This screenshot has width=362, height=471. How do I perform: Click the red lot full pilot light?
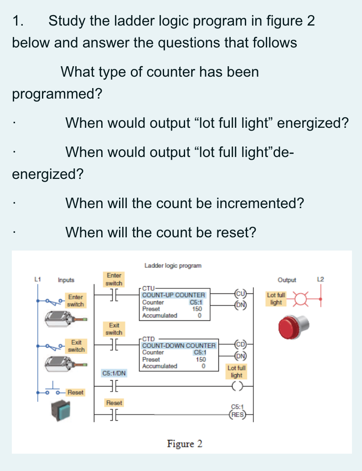pyautogui.click(x=294, y=326)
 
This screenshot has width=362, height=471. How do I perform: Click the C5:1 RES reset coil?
pyautogui.click(x=238, y=414)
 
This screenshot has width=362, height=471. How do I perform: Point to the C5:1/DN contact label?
pyautogui.click(x=114, y=373)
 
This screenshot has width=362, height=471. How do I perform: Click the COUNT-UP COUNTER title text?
pyautogui.click(x=174, y=295)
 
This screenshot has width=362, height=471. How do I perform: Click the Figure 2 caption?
pyautogui.click(x=185, y=443)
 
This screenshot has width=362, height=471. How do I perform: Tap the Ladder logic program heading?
pyautogui.click(x=172, y=265)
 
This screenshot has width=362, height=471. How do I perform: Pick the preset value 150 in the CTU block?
pyautogui.click(x=197, y=309)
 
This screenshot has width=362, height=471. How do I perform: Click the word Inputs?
pyautogui.click(x=66, y=280)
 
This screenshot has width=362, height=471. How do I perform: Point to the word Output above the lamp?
pyautogui.click(x=286, y=280)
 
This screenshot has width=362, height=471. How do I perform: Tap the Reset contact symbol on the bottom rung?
pyautogui.click(x=114, y=415)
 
